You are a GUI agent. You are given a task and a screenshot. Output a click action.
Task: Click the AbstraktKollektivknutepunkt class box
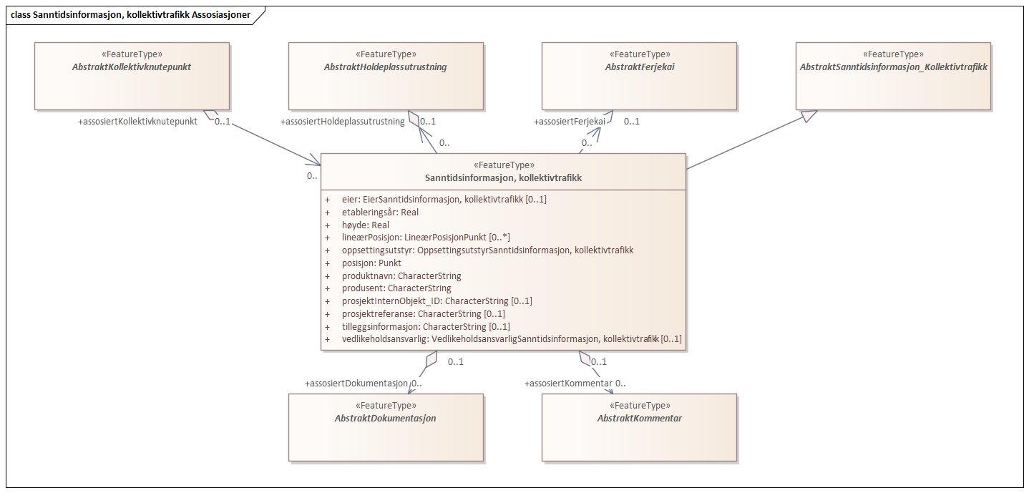(132, 76)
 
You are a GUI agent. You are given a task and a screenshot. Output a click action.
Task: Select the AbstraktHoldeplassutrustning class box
(385, 76)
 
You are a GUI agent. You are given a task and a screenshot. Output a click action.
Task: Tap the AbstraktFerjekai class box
(638, 76)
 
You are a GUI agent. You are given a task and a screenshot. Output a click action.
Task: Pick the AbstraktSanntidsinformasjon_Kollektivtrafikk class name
(893, 67)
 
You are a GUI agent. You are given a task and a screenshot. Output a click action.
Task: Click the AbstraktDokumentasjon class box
(385, 426)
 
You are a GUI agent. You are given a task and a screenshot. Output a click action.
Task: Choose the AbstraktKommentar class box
(638, 426)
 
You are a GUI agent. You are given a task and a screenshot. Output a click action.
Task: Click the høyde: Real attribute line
(366, 225)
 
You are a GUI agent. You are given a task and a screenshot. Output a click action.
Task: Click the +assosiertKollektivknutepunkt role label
(137, 122)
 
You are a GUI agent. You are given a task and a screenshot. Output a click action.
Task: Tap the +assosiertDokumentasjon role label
(356, 384)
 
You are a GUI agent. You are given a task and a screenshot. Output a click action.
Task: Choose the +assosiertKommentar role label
(568, 384)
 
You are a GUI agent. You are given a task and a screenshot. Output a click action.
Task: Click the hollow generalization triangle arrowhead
(807, 116)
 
